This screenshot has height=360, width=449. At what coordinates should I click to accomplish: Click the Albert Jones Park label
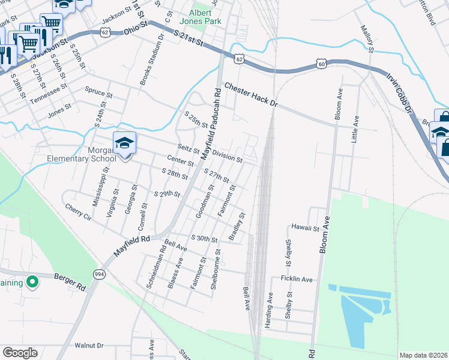(x=205, y=17)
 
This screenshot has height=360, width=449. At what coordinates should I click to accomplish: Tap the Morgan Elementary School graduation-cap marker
(x=125, y=143)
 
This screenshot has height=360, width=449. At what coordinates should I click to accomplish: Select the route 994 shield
(x=99, y=274)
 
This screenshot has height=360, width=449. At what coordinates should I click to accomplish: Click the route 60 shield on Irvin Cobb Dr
(x=322, y=63)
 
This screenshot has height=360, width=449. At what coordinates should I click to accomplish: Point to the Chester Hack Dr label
(x=252, y=95)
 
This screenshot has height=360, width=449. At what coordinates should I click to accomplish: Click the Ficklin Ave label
(x=297, y=279)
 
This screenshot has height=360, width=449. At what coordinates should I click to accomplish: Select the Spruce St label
(x=99, y=94)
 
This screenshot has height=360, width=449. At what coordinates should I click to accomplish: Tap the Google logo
(x=20, y=353)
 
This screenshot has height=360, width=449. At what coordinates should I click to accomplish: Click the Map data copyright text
(x=423, y=355)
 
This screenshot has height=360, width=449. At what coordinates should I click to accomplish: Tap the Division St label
(x=227, y=157)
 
